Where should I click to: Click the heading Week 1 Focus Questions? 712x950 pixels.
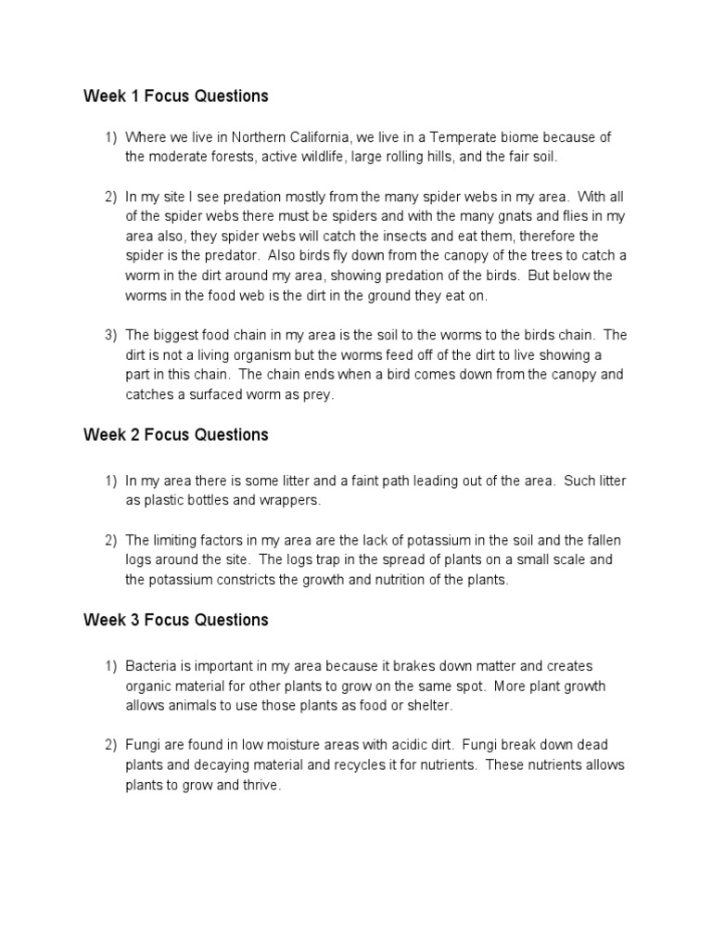[x=175, y=96]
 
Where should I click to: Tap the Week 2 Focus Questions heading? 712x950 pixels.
[x=175, y=434]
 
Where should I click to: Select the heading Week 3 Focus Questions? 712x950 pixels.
[x=175, y=620]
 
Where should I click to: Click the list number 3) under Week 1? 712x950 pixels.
[x=110, y=335]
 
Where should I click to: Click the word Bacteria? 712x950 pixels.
[x=152, y=666]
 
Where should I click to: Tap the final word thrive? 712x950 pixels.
[x=258, y=785]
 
